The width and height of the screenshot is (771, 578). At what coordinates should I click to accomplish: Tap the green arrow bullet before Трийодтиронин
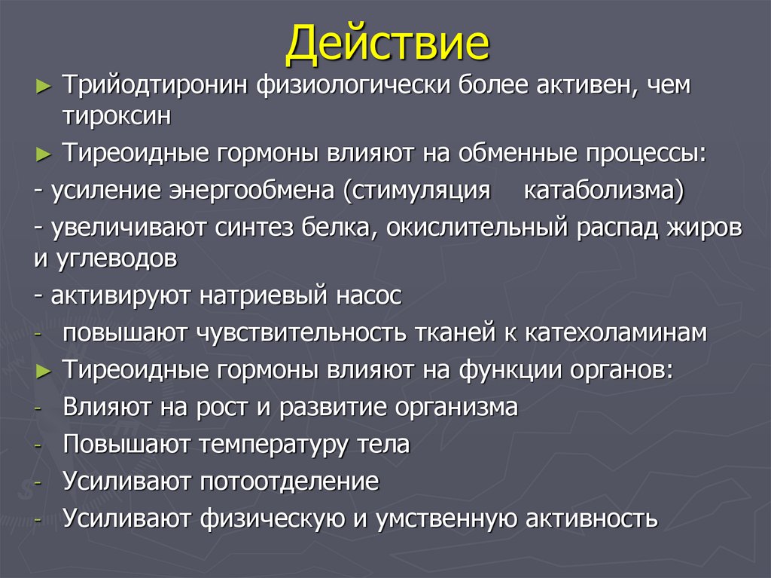click(44, 87)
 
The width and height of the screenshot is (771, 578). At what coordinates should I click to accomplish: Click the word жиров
click(703, 228)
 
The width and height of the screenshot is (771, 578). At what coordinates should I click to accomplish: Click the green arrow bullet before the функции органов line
click(44, 372)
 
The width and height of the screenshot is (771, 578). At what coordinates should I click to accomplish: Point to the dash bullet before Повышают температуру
click(38, 445)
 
